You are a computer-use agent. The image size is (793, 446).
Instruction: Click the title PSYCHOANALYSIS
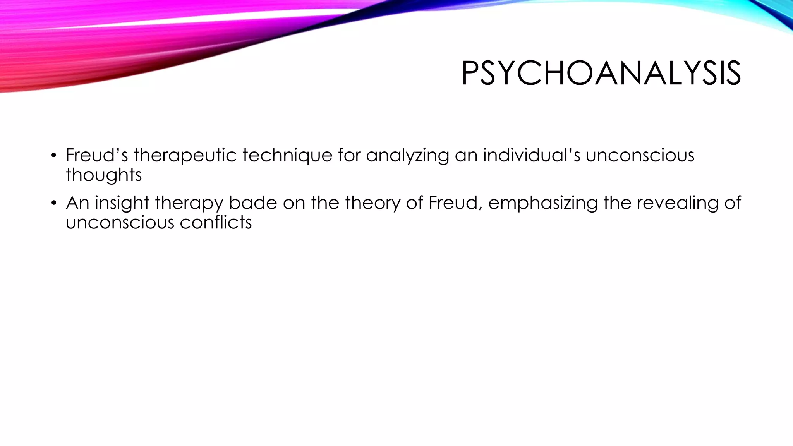coord(601,73)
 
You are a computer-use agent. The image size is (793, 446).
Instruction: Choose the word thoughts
coord(104,175)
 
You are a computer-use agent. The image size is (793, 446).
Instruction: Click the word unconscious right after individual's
coord(640,156)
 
